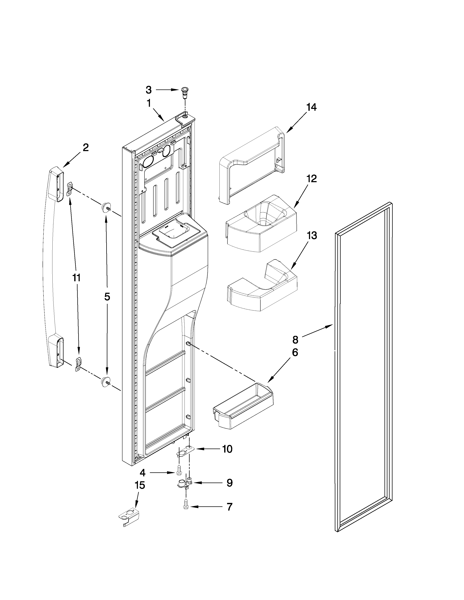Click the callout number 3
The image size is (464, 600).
tap(148, 90)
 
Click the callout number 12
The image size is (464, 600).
tap(312, 179)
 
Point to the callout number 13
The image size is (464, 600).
tap(312, 235)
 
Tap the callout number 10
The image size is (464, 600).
tap(227, 449)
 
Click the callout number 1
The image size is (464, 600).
tap(148, 104)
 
